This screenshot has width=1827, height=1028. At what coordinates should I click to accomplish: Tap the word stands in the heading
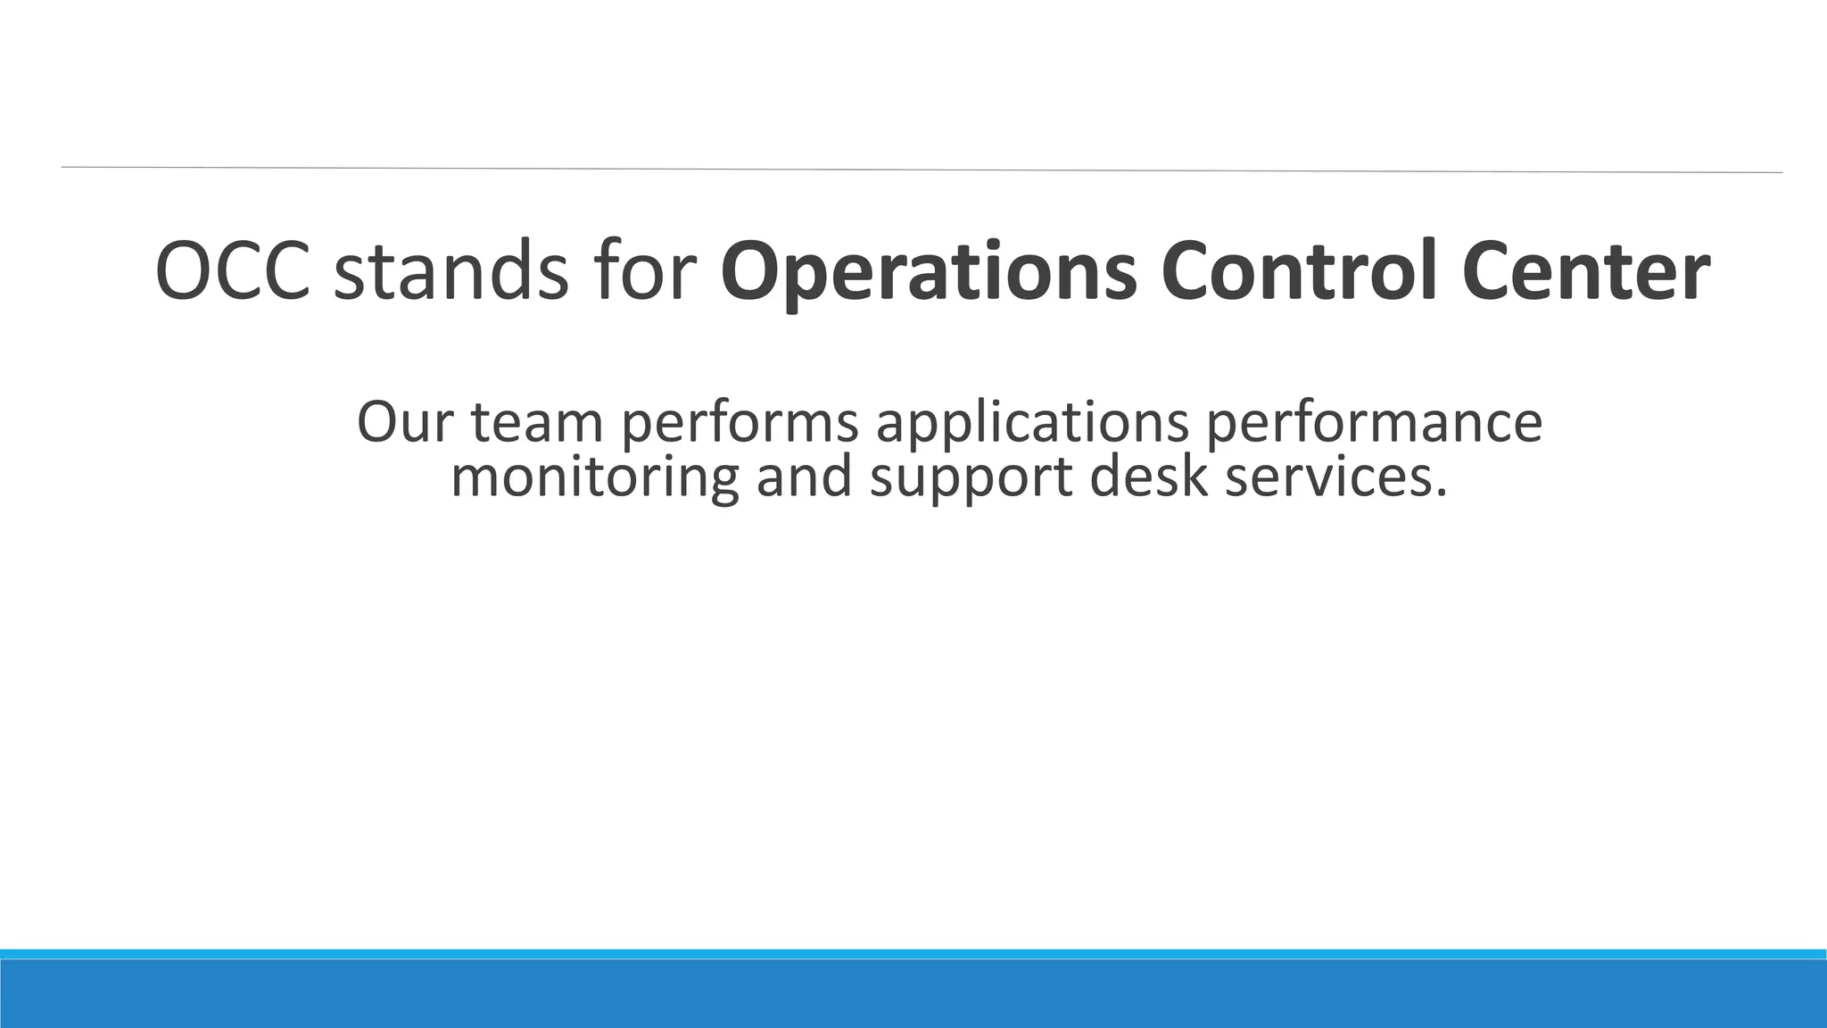[x=451, y=271]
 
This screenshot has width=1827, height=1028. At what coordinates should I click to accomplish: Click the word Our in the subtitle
[x=406, y=421]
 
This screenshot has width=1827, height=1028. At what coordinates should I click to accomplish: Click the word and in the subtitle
[x=804, y=477]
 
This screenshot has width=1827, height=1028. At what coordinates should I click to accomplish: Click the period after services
[x=1438, y=493]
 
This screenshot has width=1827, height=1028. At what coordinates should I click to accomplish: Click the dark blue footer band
[x=913, y=994]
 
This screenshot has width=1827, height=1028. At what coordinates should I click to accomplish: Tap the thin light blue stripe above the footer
[x=913, y=954]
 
